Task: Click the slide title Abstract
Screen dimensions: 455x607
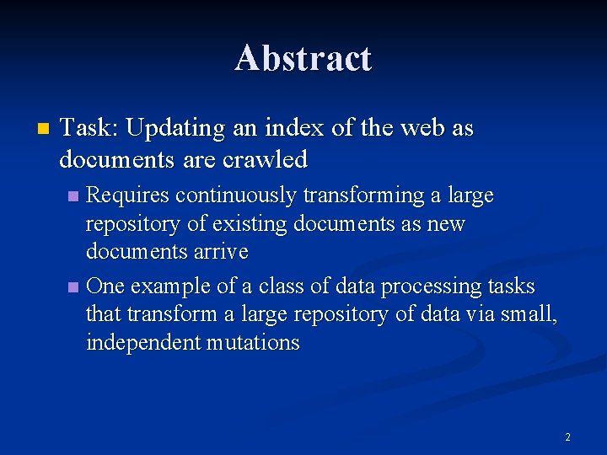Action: click(303, 58)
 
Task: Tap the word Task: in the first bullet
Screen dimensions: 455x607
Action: click(92, 129)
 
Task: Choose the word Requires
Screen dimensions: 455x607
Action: click(127, 195)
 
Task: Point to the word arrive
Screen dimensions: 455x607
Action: click(222, 252)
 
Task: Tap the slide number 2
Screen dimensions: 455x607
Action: click(567, 436)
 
